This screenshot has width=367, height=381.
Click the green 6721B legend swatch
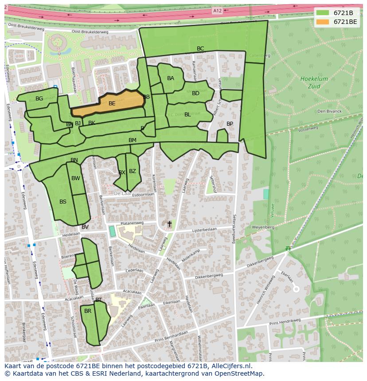tap(323, 13)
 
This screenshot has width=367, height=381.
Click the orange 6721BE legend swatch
tap(323, 22)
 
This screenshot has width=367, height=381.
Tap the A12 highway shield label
tap(217, 11)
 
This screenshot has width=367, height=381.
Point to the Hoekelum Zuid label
tap(314, 82)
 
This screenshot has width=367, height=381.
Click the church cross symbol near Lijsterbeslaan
tap(169, 224)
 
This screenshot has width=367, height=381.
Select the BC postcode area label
tap(200, 49)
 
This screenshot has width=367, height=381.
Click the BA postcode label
tap(171, 78)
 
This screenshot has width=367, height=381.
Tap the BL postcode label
tap(187, 115)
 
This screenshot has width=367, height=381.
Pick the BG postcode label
tap(39, 99)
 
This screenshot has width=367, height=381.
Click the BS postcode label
tap(63, 202)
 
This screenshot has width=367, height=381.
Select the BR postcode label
tap(88, 311)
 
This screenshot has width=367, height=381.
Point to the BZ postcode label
tap(133, 171)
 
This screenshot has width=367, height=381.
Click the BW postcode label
tap(76, 178)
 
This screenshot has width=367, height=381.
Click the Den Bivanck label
tap(329, 111)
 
